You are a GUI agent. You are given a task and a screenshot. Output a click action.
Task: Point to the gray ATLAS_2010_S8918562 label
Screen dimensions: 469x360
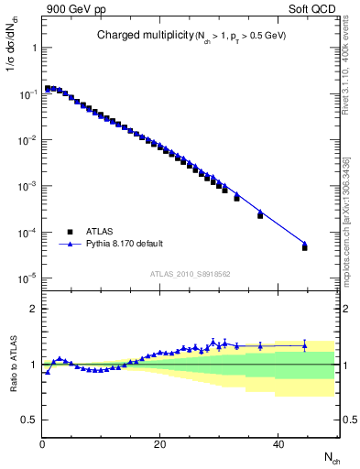[190, 273]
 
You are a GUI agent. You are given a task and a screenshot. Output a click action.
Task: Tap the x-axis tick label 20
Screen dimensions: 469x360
[160, 443]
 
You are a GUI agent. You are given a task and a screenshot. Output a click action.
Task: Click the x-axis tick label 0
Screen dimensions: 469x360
[42, 443]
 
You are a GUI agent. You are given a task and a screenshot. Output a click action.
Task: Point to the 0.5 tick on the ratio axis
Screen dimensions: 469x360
[29, 420]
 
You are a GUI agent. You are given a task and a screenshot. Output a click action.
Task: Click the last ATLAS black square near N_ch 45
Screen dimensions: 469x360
[305, 247]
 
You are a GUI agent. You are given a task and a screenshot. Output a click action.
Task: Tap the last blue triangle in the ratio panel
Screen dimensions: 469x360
[305, 345]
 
